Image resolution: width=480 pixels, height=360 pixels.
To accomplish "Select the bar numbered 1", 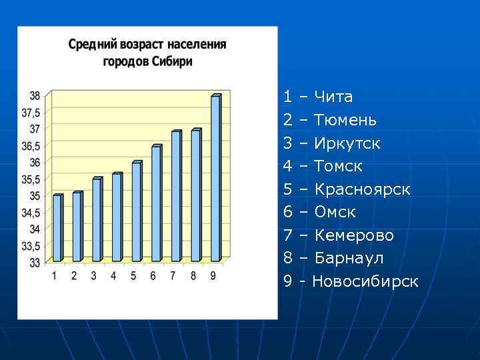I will (57, 227).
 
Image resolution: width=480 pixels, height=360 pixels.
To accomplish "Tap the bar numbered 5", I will (136, 211).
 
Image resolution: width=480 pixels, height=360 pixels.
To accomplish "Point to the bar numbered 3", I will (97, 219).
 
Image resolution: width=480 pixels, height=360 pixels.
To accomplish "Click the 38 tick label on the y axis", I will (34, 95).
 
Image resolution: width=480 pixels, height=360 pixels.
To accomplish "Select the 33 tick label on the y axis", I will (34, 263).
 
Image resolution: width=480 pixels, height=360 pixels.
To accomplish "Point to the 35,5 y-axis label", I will (31, 179).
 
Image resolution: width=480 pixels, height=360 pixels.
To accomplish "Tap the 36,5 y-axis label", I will (31, 145).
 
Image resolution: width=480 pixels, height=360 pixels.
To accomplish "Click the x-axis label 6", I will (153, 276).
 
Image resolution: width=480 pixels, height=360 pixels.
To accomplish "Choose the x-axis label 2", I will (74, 276).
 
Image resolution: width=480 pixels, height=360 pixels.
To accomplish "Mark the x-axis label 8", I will (193, 276).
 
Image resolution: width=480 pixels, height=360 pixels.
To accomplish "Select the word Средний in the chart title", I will (92, 45).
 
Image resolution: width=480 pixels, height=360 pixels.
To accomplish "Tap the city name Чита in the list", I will (333, 97).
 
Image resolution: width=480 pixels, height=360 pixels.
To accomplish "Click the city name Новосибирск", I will (365, 281).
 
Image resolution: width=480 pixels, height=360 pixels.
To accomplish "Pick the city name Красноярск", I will (362, 189).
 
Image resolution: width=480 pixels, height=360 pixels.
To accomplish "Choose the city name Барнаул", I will (349, 258).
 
